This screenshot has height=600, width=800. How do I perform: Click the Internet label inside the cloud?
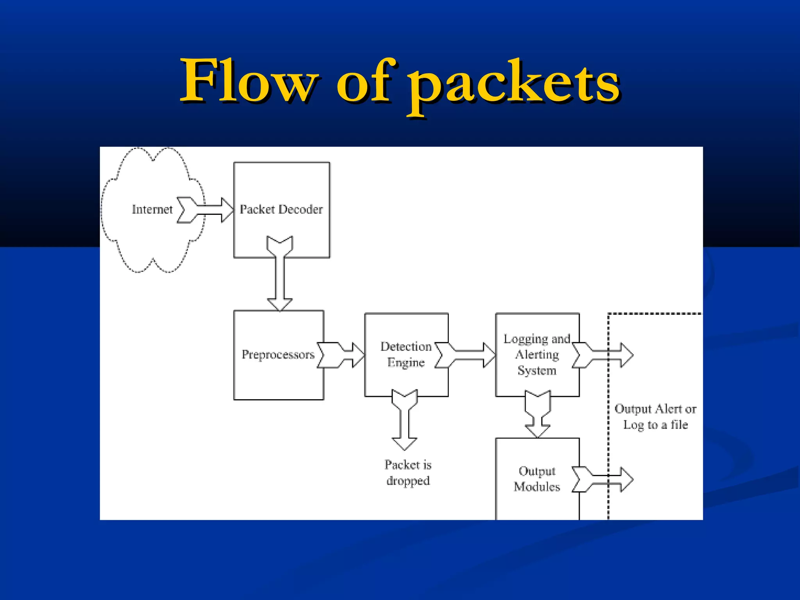point(152,209)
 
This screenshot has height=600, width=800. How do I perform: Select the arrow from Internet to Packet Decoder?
point(205,210)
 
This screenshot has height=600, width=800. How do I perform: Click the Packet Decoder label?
point(281,209)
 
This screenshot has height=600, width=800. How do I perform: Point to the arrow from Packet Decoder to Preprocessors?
point(280,273)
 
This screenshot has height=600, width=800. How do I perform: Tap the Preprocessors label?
point(278,354)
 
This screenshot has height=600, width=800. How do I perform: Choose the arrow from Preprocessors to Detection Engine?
point(341,355)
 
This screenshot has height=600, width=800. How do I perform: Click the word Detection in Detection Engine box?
point(406,346)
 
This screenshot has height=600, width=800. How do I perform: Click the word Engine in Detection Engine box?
point(406,362)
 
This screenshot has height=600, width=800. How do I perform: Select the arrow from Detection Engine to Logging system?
point(465,355)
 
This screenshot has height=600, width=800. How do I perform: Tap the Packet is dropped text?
point(408,473)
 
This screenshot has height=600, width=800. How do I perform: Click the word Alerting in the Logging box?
point(537,355)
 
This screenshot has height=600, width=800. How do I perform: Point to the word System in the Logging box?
point(537,370)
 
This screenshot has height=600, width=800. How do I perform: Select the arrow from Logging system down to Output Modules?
point(537,414)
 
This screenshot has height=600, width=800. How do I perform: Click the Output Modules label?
point(537,479)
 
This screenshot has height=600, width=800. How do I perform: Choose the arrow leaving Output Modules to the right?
point(603,479)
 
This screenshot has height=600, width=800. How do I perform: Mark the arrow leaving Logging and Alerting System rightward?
point(603,355)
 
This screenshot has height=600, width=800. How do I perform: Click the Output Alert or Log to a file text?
point(655,417)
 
